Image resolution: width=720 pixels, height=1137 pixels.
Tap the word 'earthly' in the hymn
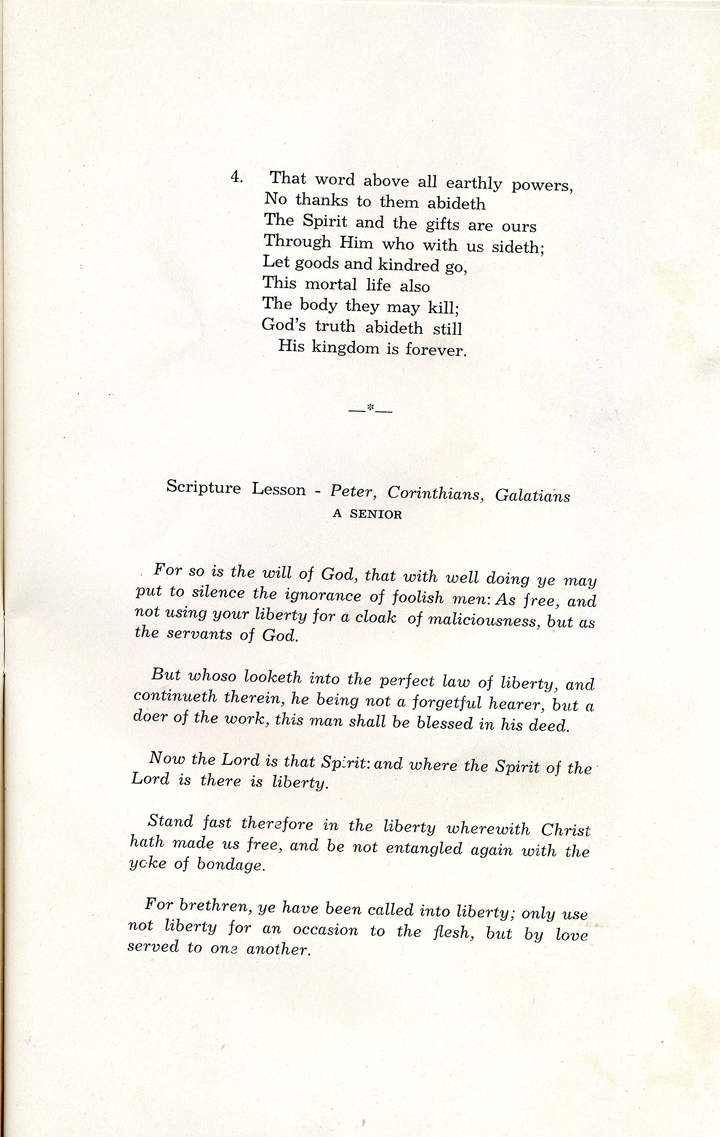(x=474, y=183)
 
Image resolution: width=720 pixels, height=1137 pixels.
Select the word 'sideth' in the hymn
(x=516, y=247)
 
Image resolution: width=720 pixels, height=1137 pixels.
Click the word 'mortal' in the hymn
(x=331, y=284)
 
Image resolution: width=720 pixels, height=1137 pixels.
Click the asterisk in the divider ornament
(x=370, y=408)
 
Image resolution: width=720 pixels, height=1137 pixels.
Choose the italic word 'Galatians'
(x=532, y=495)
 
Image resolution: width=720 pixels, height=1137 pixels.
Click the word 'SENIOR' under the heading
(x=377, y=514)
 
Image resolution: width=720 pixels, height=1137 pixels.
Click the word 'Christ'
(x=566, y=830)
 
